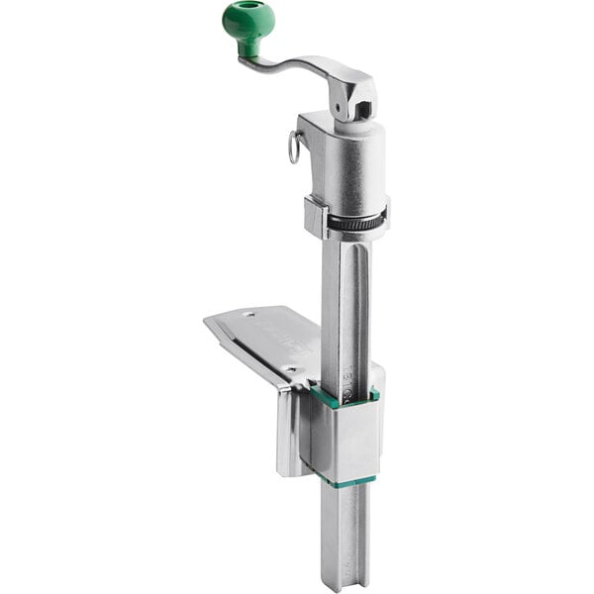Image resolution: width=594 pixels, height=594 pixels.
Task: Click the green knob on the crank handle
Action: click(x=247, y=20)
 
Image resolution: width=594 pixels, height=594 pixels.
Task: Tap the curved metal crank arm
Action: click(x=297, y=67)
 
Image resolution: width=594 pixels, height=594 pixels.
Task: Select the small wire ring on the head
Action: click(x=294, y=148)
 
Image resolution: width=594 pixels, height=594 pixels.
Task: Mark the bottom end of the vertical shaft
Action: click(x=345, y=579)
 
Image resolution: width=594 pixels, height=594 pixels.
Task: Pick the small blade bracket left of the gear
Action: click(x=316, y=216)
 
